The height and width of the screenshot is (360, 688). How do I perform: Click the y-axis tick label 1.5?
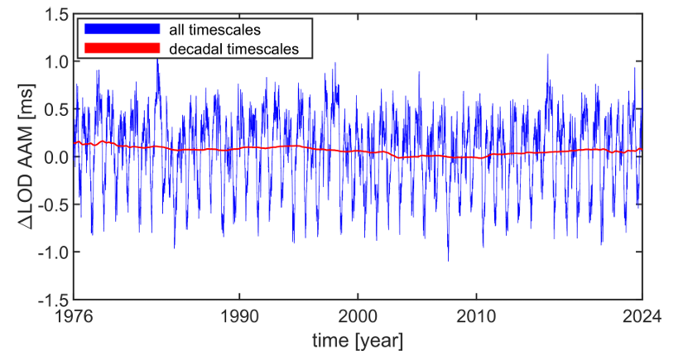[54, 14]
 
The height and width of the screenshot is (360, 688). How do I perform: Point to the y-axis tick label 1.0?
[54, 61]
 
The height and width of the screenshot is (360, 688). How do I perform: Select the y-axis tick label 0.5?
[54, 109]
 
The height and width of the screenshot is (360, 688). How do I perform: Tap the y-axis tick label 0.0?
[54, 156]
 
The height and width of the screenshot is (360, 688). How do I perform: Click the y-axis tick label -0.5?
[51, 204]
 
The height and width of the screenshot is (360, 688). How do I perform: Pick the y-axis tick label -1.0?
[51, 252]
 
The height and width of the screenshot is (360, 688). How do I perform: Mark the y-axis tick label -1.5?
[51, 300]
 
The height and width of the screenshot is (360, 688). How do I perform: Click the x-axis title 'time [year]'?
[358, 339]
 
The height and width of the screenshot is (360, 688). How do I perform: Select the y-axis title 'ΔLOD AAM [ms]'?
[20, 157]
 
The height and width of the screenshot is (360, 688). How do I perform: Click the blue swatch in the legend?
[121, 29]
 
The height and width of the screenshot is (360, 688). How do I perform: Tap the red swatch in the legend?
[121, 49]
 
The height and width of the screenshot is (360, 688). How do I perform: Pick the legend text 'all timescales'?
[214, 30]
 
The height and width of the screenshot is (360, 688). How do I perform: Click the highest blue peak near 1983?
[157, 60]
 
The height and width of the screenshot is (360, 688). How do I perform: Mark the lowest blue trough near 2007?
[448, 261]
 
